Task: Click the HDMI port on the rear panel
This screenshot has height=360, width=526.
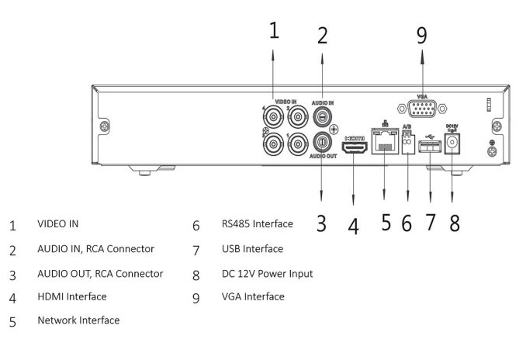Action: (x=355, y=147)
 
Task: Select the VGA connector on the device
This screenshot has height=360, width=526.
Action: (x=422, y=109)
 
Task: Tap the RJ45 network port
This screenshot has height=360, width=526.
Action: (x=385, y=141)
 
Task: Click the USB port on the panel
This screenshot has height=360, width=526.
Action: (x=430, y=147)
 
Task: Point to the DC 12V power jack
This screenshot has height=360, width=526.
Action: (x=452, y=144)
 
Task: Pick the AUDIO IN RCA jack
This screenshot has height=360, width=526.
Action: (x=322, y=116)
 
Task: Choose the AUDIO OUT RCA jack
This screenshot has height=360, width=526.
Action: (x=322, y=142)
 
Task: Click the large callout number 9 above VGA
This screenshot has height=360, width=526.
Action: (x=422, y=35)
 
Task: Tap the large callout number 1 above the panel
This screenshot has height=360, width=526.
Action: (x=274, y=29)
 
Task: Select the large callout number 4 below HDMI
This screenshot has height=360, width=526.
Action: (x=353, y=226)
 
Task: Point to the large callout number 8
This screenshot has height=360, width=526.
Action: (x=455, y=223)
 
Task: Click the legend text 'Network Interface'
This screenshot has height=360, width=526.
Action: (x=78, y=320)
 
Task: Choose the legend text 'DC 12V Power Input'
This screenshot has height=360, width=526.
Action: (x=268, y=274)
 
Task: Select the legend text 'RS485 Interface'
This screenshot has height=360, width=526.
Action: (x=258, y=223)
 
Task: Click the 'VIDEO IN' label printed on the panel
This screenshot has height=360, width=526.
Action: (x=285, y=102)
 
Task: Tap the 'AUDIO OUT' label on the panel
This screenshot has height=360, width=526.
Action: (x=323, y=156)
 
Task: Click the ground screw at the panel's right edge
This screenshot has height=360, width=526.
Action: (x=492, y=151)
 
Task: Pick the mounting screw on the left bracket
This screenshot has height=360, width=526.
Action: (x=105, y=126)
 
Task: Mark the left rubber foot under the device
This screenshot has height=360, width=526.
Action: (x=144, y=173)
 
